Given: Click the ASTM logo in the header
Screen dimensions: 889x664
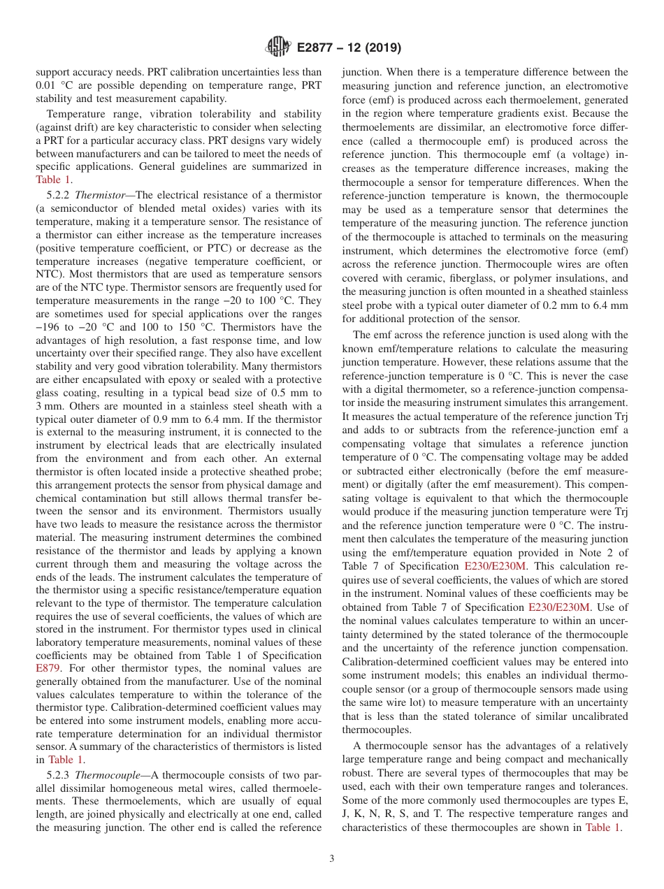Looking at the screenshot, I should (278, 48).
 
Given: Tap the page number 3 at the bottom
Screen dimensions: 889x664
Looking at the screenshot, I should (332, 858).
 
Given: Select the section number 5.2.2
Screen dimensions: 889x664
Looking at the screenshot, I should (58, 194).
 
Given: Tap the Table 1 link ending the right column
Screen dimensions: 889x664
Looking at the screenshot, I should (602, 827).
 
